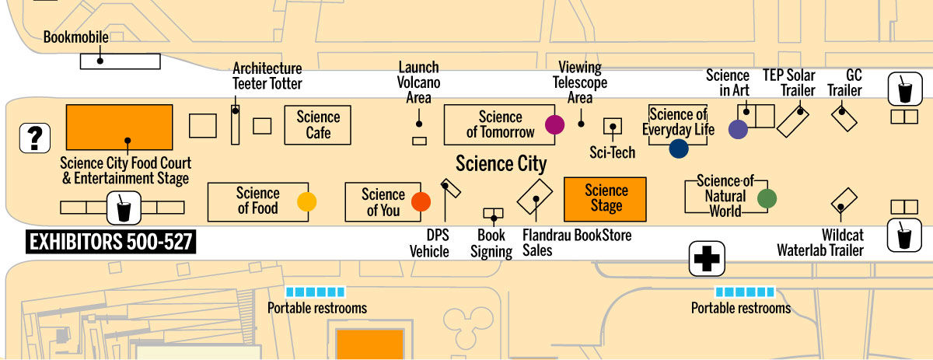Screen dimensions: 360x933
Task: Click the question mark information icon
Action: point(34,138)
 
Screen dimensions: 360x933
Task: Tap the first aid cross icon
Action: point(708,259)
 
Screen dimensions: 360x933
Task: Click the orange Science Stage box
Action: point(606,198)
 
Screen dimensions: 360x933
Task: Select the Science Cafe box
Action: point(318,125)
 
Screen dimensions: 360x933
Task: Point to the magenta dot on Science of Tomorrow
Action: point(554,124)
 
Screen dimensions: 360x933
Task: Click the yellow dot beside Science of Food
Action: point(307,202)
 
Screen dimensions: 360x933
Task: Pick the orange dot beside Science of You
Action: point(421,202)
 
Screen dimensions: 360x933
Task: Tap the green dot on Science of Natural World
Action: point(767,199)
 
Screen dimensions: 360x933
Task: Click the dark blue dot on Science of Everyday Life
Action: point(679,149)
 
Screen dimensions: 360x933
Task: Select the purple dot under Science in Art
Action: point(738,130)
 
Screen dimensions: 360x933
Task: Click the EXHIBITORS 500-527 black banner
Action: point(110,243)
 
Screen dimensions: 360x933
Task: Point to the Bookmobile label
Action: point(76,37)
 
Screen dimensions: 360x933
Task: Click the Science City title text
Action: point(501,164)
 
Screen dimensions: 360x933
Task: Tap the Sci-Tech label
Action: point(612,152)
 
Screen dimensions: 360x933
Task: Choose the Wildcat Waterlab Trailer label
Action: point(820,243)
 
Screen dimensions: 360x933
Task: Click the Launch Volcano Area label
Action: point(418,82)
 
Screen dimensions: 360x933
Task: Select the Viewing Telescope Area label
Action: point(580,82)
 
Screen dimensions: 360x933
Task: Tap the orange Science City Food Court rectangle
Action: point(119,127)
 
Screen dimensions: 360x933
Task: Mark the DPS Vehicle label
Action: point(430,243)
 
